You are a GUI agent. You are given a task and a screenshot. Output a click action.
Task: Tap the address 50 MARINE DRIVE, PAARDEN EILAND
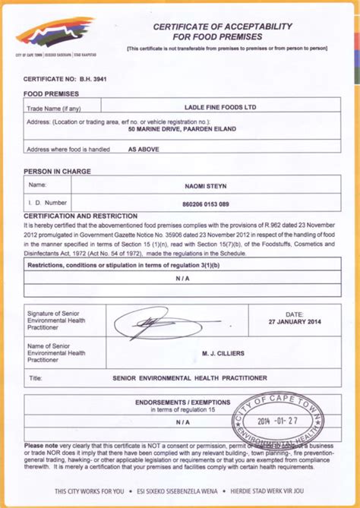tap(194, 129)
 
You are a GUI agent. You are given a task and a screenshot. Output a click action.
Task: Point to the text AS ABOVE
tap(143, 150)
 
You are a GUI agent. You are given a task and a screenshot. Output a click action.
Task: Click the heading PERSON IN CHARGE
tap(57, 172)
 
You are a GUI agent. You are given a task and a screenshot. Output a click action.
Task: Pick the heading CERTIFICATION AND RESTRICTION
tap(80, 216)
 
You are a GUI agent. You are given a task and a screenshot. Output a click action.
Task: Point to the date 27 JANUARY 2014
tap(294, 321)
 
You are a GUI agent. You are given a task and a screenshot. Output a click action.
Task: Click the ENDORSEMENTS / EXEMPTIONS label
tap(182, 402)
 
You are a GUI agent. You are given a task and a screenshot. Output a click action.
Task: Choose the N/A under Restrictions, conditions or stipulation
tap(183, 278)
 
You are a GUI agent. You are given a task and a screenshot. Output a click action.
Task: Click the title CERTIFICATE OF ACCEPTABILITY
tap(223, 27)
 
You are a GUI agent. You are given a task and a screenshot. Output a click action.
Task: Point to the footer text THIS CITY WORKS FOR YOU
tap(88, 492)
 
